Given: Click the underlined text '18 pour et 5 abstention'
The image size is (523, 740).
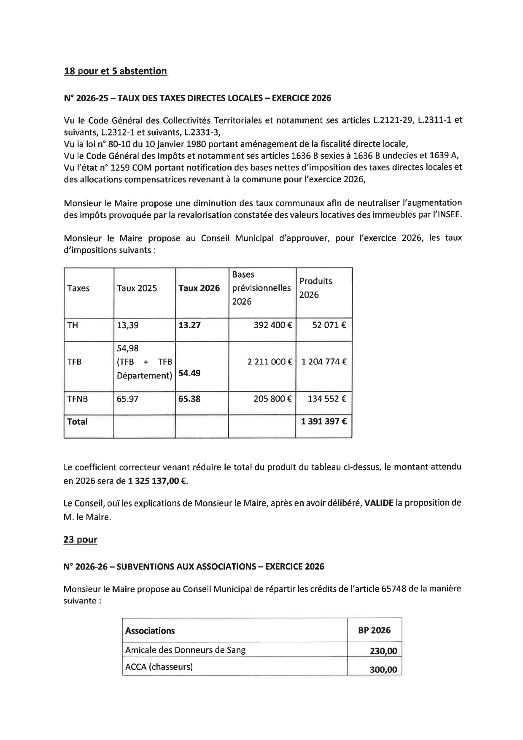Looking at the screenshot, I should (x=115, y=71).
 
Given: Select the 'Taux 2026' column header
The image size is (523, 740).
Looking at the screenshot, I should (x=199, y=288).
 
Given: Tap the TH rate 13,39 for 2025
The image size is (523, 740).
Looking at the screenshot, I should (x=127, y=325).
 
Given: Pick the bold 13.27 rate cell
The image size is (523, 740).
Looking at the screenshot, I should (x=189, y=325).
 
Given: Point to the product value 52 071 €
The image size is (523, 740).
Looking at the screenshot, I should (x=329, y=325).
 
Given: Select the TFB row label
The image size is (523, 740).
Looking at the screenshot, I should (x=74, y=362).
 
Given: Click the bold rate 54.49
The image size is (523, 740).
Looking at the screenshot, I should (x=189, y=373).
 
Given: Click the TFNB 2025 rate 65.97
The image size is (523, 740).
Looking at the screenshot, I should (x=127, y=399).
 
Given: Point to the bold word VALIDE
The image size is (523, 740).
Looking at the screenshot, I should (x=379, y=503).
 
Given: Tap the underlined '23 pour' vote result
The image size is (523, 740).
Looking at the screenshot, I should (x=80, y=540).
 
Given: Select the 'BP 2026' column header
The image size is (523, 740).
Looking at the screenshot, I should (x=374, y=630).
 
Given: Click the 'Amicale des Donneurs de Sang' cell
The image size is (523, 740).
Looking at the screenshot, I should (x=185, y=650).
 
